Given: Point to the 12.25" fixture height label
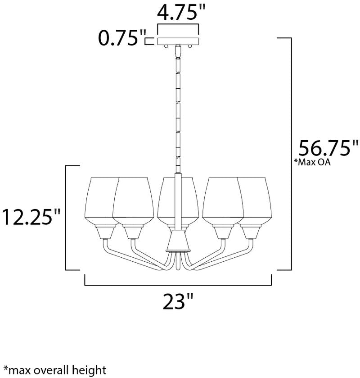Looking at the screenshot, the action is coord(31,217).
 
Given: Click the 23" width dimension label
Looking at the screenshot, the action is coord(178,301).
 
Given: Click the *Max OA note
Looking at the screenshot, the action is coord(312,162).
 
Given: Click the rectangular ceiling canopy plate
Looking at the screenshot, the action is coord(178,41).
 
